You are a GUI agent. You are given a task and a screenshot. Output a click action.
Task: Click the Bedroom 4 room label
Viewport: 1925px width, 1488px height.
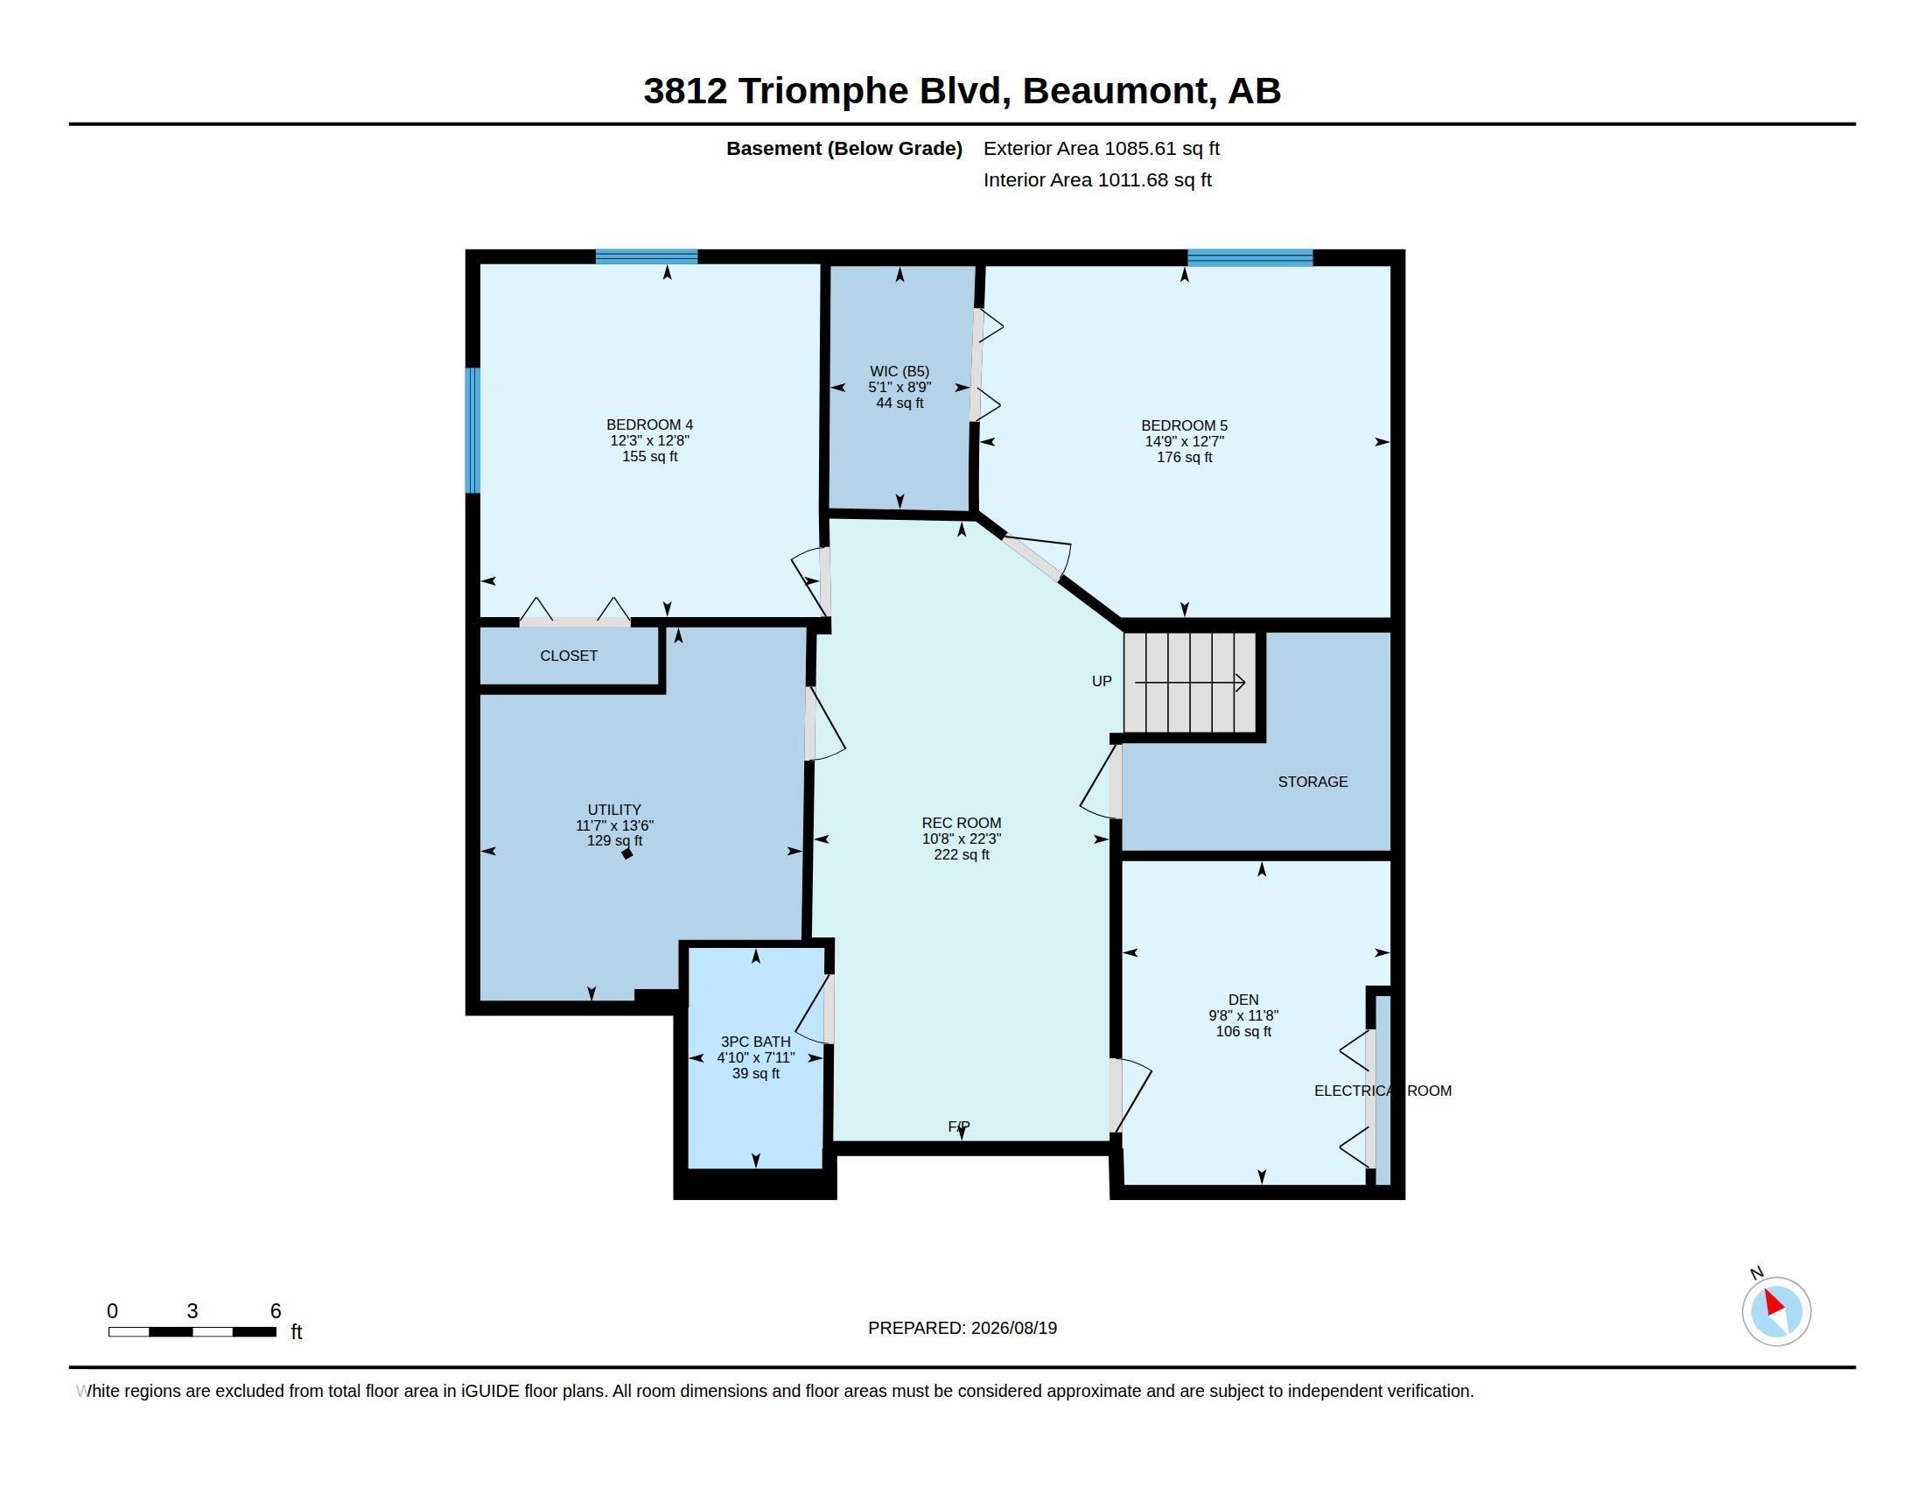649,425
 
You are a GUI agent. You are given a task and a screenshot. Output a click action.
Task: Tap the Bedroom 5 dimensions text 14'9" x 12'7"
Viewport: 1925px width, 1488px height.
1184,442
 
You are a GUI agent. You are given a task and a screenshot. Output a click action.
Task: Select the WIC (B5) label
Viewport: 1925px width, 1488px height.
899,371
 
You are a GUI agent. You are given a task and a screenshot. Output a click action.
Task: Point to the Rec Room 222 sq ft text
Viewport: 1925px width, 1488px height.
962,855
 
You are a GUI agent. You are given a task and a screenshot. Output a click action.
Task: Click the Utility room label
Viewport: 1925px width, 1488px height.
614,811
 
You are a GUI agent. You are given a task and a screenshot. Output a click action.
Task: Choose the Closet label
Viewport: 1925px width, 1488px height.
569,656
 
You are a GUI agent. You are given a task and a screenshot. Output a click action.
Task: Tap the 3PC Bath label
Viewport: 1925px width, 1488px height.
755,1042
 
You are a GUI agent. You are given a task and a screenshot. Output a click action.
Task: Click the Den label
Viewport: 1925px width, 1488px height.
1242,1000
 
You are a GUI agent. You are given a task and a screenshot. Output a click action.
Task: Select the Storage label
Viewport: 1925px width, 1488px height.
1312,782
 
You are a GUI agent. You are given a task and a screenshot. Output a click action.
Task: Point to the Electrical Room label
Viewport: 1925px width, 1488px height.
1382,1091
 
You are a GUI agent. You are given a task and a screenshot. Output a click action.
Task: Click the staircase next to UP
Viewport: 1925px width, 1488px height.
1190,683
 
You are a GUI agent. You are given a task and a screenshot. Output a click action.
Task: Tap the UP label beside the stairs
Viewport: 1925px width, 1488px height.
1102,681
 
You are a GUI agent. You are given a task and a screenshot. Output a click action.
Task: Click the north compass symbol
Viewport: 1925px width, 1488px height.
1775,1311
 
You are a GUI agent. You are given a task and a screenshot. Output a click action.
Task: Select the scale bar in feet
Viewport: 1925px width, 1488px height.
192,1331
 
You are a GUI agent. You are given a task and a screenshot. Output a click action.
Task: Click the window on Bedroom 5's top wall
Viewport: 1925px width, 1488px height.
1249,257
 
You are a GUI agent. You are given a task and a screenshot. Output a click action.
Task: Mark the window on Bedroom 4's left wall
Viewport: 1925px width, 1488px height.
473,430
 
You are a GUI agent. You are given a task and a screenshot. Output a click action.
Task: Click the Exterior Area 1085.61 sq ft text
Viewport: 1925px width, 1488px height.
1102,149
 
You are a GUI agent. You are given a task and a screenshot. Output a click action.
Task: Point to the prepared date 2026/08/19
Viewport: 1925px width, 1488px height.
1013,1329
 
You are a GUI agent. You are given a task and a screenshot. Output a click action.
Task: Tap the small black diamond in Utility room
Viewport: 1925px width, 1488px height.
626,853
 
